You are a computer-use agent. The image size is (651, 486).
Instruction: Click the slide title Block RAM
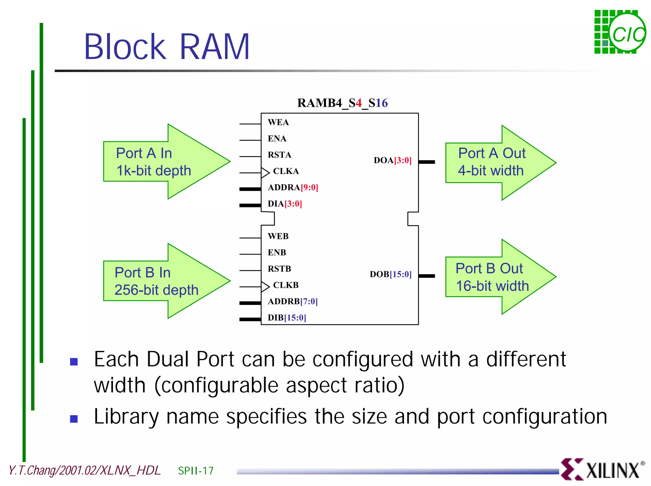(x=167, y=47)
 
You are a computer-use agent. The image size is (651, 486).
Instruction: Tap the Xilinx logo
(x=602, y=469)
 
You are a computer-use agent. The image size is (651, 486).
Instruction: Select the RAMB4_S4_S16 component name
(x=342, y=103)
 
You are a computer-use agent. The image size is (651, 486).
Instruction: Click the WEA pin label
(x=278, y=122)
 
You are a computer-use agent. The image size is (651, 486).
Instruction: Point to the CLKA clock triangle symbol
(x=265, y=172)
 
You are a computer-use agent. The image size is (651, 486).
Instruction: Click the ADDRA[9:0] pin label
(x=293, y=187)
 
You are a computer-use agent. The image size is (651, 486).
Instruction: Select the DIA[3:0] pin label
(x=285, y=204)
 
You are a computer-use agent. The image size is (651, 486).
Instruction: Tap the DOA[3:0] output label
(x=393, y=160)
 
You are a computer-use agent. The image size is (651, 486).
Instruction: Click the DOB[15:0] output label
(x=391, y=274)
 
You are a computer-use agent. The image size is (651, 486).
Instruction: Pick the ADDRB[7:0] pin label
(x=293, y=301)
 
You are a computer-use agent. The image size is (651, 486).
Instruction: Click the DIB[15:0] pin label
(x=287, y=318)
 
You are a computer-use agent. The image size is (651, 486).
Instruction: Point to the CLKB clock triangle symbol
(x=265, y=287)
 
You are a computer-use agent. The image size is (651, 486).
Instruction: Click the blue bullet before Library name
(x=74, y=419)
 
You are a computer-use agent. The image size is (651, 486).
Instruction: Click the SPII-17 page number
(x=196, y=471)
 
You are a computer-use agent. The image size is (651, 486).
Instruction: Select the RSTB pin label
(x=279, y=269)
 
